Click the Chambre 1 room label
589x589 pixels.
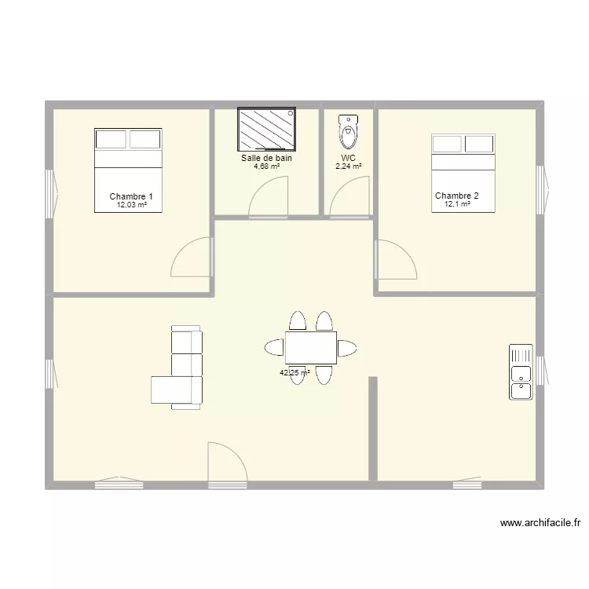pos(131,196)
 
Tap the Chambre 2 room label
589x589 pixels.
pos(456,196)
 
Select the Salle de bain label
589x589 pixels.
pos(266,158)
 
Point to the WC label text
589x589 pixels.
pos(348,158)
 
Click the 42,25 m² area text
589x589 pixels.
pos(294,373)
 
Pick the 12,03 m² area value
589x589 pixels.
pos(132,205)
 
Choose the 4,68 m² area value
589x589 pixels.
pos(266,166)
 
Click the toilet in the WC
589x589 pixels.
pos(348,131)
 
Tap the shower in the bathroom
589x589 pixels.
pos(268,130)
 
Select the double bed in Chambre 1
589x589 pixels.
pos(128,170)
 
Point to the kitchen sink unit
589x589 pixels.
pos(521,371)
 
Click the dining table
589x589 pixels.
pos(310,347)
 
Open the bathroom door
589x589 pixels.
pos(269,197)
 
